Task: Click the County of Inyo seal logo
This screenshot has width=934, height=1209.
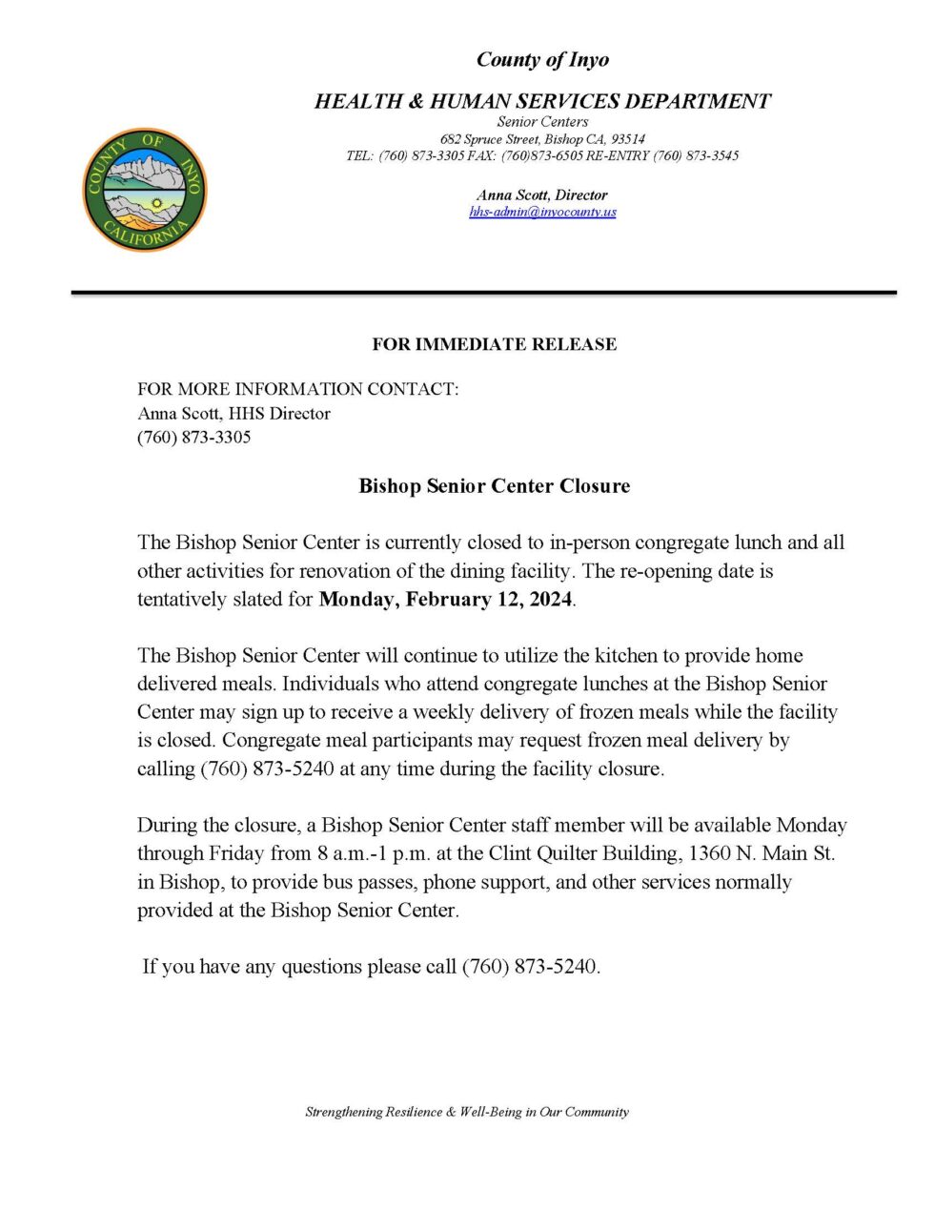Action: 143,190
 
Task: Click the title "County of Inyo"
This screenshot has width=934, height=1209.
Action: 542,60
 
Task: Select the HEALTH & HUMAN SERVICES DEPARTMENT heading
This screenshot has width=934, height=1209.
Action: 542,101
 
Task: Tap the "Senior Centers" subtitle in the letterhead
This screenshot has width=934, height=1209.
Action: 542,122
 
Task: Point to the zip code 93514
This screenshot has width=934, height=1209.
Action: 628,139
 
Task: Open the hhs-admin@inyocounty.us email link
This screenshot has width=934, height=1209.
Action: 542,212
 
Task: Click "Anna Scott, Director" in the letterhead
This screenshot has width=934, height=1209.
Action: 542,195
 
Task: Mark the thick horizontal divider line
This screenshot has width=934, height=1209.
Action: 483,293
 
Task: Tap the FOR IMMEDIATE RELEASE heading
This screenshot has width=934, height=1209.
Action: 494,344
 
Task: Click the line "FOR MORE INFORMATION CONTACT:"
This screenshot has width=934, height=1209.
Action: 297,389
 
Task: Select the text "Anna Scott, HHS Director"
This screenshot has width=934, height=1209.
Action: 233,414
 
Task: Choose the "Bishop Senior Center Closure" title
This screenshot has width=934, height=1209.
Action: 494,486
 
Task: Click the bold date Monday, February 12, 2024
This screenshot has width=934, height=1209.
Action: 445,600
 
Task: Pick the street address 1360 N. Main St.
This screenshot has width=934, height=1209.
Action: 761,853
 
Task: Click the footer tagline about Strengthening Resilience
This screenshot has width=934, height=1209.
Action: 467,1112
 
